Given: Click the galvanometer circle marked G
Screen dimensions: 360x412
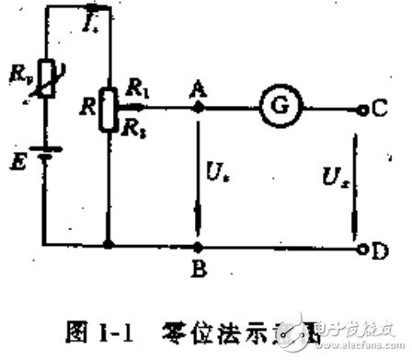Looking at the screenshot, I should point(274,107).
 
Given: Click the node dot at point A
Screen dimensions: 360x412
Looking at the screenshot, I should point(197,108).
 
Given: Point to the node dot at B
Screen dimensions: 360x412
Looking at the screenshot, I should point(197,246).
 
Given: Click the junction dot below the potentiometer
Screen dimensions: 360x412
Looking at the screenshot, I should point(109,246).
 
